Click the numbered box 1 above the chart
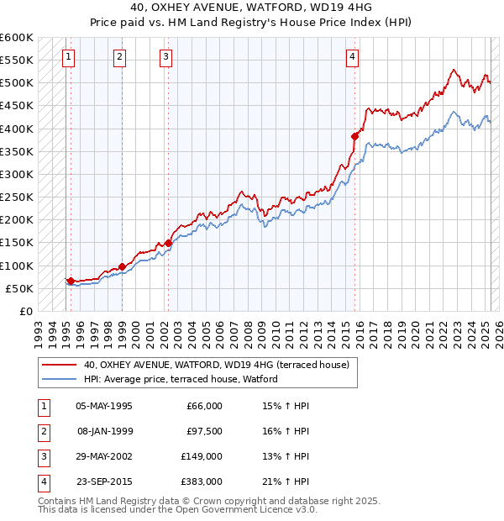pos(67,57)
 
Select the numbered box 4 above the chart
pos(353,57)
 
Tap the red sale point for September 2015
pos(355,136)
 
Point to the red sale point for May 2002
pos(168,243)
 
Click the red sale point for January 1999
pos(122,266)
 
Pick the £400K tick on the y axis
pos(17,129)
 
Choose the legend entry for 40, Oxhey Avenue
pos(216,365)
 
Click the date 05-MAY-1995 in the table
pos(103,406)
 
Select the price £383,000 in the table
pos(202,482)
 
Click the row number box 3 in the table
pos(42,456)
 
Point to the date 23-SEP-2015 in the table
pos(103,482)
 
